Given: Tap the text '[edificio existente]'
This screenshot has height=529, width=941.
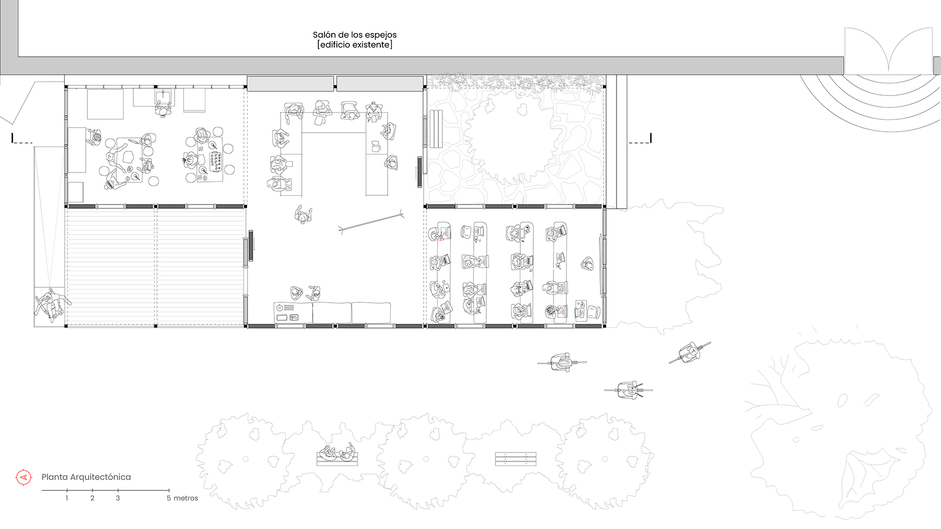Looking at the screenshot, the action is pyautogui.click(x=354, y=45).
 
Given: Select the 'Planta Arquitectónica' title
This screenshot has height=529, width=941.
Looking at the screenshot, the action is pyautogui.click(x=86, y=477).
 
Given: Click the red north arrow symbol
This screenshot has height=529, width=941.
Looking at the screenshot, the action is pyautogui.click(x=23, y=477).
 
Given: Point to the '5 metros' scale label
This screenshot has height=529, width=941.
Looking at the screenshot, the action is pyautogui.click(x=182, y=498).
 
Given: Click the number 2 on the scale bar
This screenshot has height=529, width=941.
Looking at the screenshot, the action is pyautogui.click(x=92, y=498).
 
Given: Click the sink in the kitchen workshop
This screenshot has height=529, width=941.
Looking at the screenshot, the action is pyautogui.click(x=163, y=97).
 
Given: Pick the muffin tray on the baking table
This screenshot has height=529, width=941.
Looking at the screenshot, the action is pyautogui.click(x=215, y=162).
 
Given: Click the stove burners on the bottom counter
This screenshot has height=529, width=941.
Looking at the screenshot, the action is pyautogui.click(x=288, y=308).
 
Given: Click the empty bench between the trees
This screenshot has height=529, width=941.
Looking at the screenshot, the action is pyautogui.click(x=515, y=459).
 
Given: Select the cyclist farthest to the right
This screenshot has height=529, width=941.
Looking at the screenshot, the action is pyautogui.click(x=689, y=352).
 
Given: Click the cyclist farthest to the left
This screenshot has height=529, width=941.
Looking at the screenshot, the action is pyautogui.click(x=562, y=362).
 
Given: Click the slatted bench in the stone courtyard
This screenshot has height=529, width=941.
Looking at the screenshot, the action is pyautogui.click(x=436, y=129).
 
